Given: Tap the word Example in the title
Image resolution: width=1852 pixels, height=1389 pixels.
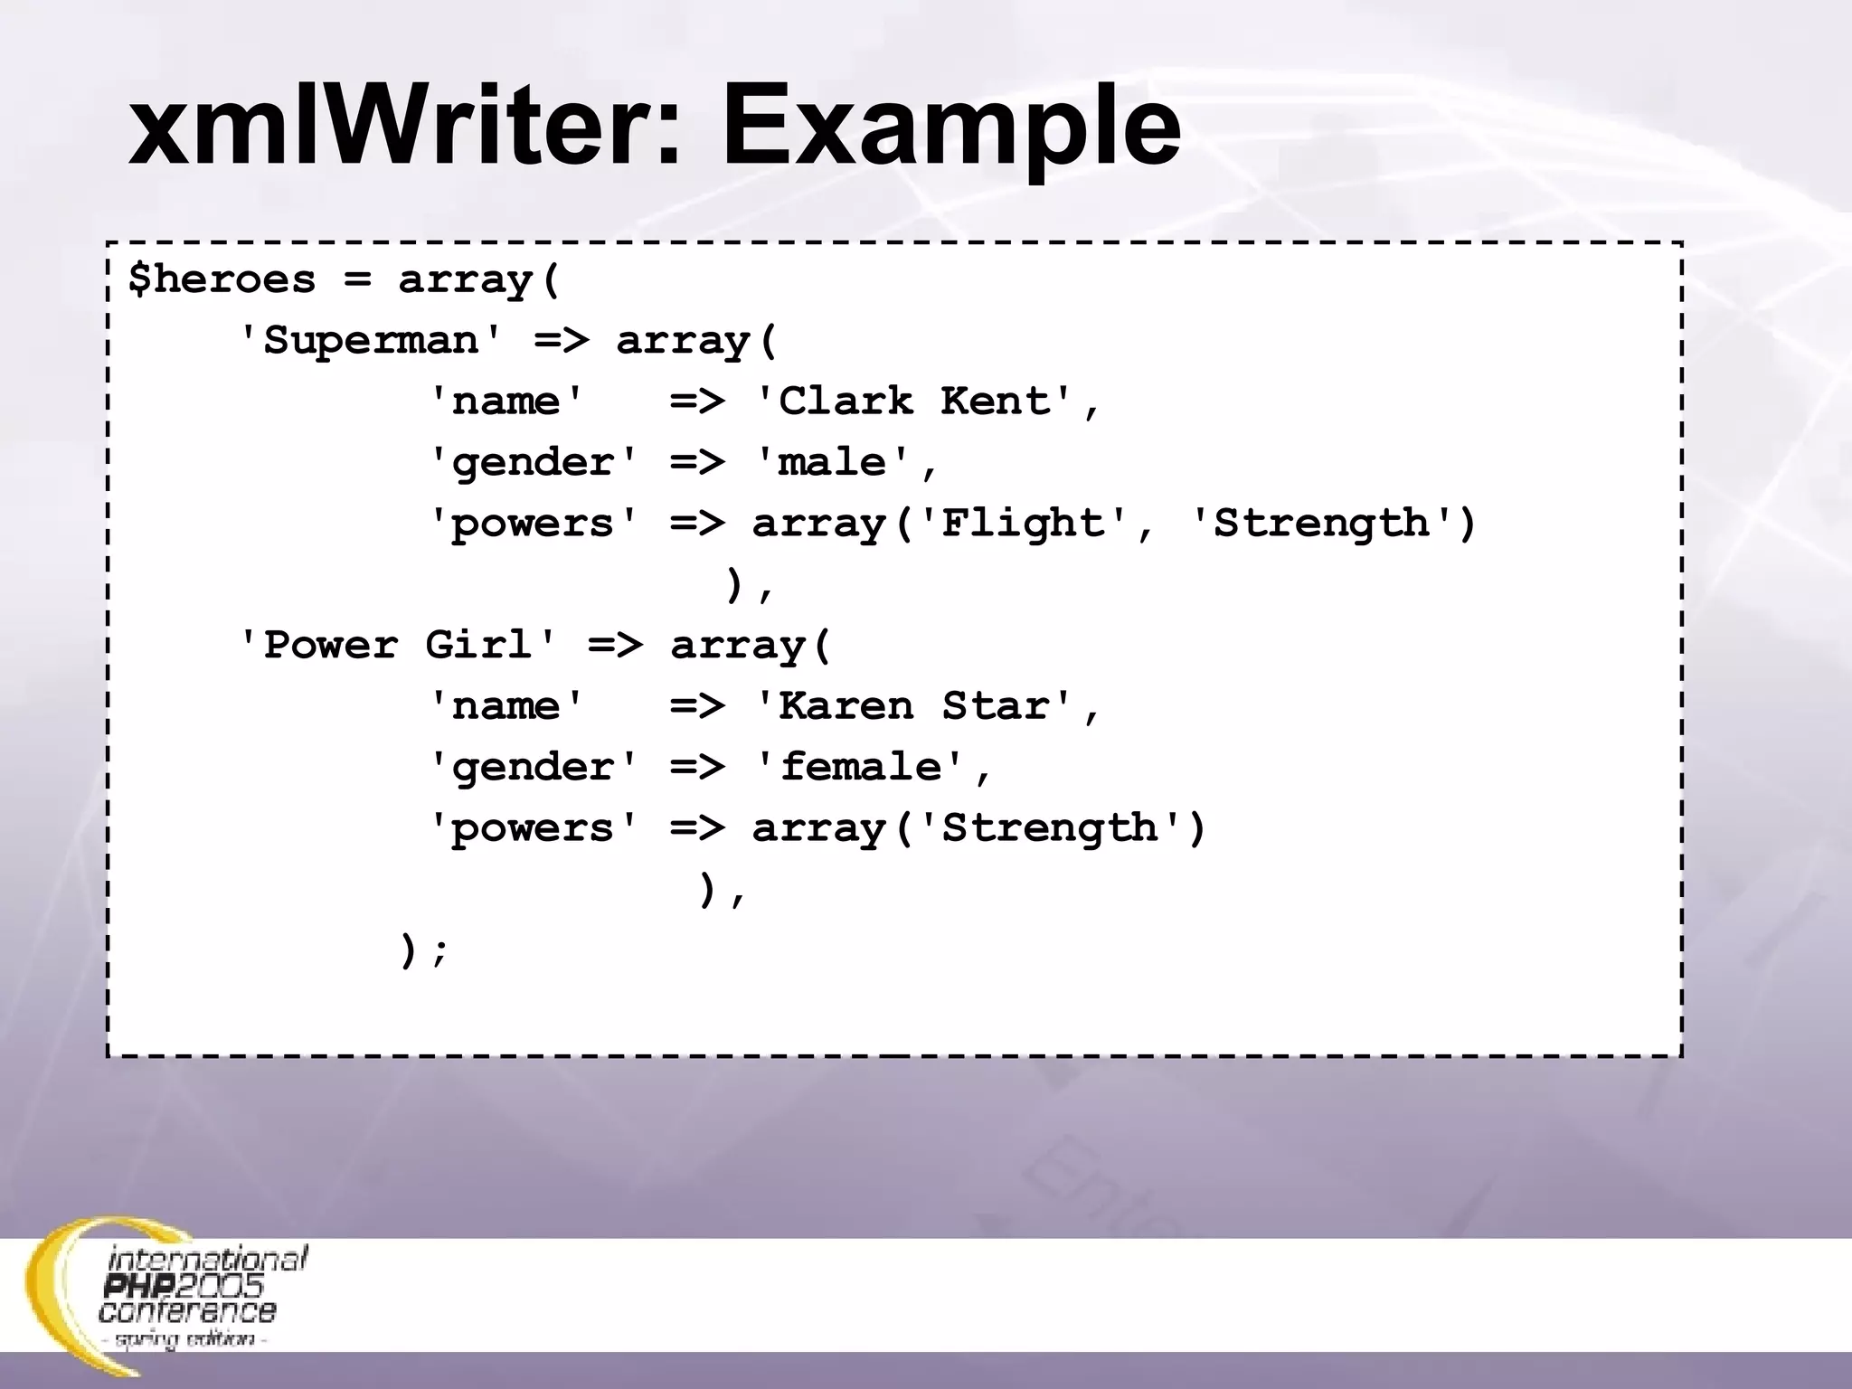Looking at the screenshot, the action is (950, 127).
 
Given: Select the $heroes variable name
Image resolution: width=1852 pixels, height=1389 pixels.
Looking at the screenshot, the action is (222, 279).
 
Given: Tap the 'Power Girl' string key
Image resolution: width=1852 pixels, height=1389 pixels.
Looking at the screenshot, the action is (397, 646).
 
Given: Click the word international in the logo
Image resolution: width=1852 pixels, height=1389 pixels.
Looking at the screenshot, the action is (208, 1259).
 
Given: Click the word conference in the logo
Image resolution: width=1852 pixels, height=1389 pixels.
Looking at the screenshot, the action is (187, 1311).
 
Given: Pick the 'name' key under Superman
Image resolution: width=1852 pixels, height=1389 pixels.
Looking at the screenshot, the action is (506, 402).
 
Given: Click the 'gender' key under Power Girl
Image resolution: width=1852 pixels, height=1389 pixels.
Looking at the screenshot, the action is (534, 768).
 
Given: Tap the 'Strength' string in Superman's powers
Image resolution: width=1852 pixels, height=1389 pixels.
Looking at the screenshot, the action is (1321, 524).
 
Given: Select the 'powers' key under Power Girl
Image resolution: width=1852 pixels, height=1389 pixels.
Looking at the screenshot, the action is (534, 828).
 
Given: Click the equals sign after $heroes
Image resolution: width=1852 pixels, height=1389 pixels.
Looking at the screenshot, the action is (357, 279).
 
